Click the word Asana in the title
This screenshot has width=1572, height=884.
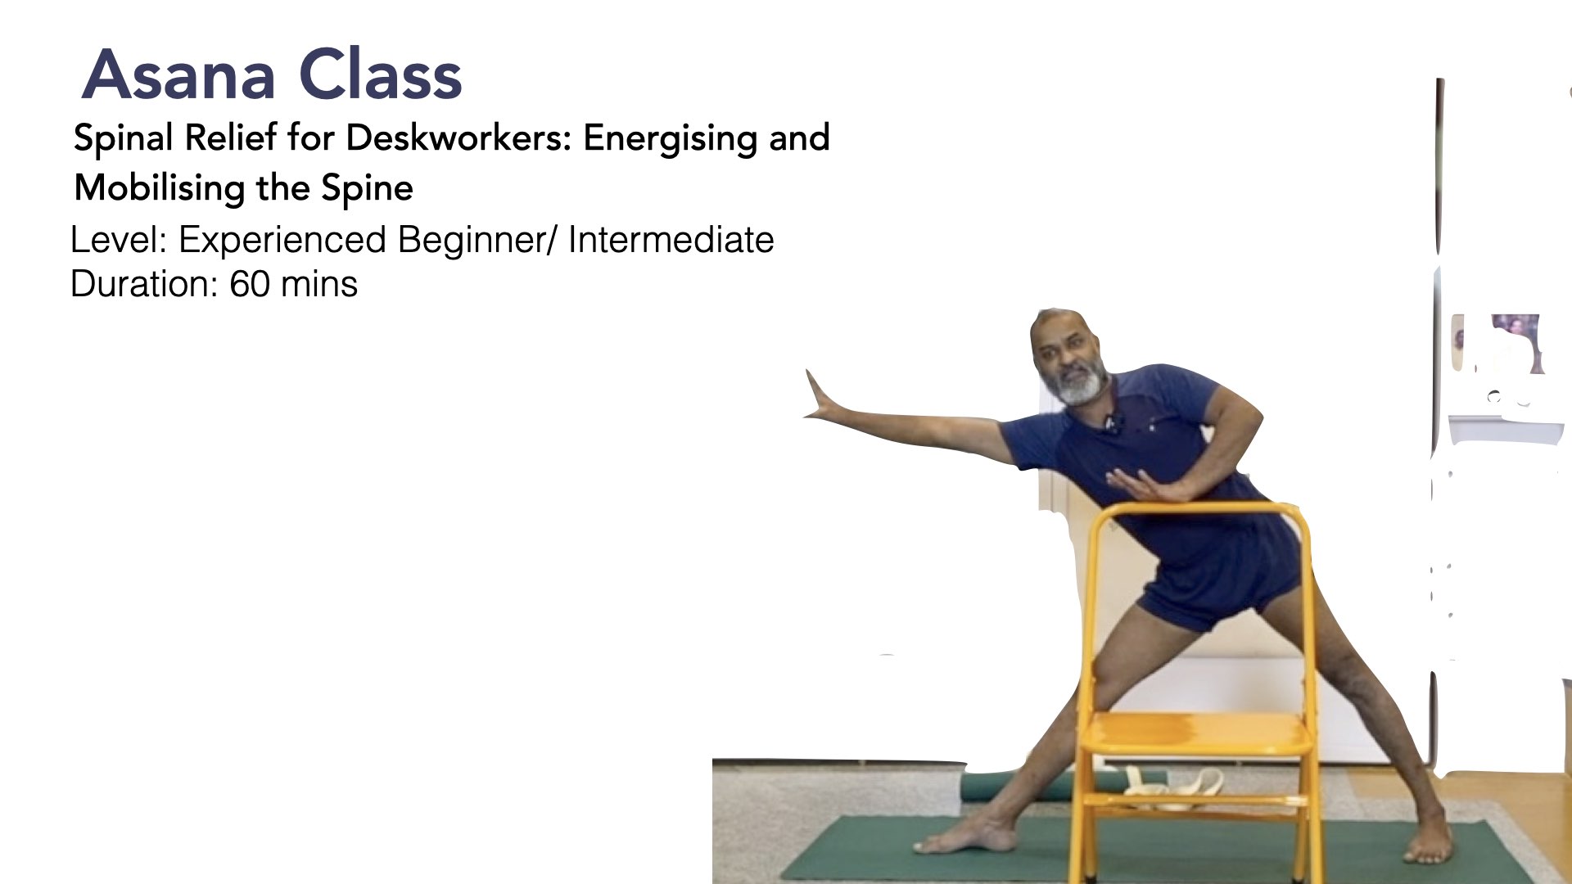pyautogui.click(x=179, y=75)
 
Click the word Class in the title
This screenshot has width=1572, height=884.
pyautogui.click(x=381, y=74)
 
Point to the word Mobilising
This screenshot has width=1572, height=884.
pyautogui.click(x=159, y=187)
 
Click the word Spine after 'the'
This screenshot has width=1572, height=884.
pyautogui.click(x=367, y=189)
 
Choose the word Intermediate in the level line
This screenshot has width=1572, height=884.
pyautogui.click(x=671, y=240)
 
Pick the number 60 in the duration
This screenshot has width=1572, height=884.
pyautogui.click(x=249, y=284)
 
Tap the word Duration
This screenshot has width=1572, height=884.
pyautogui.click(x=144, y=284)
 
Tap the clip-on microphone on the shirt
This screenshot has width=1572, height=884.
pyautogui.click(x=1111, y=423)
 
